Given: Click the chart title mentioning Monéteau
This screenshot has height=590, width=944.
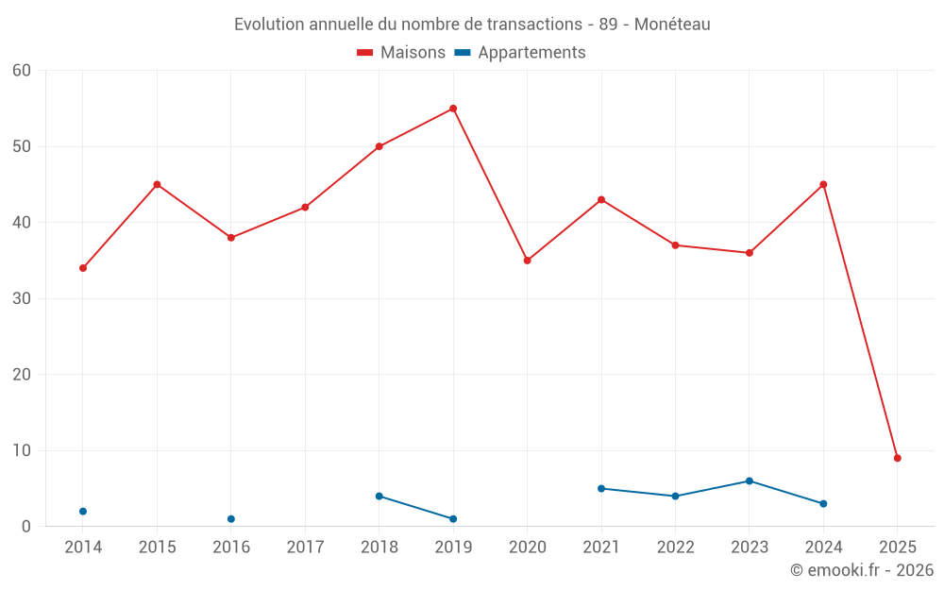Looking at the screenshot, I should coord(472,25).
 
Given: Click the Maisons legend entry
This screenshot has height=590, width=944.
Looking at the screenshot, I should coord(401,53).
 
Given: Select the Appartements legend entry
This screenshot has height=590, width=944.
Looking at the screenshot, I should coord(520,53).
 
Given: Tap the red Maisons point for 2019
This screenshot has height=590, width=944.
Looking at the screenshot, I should coord(453,109).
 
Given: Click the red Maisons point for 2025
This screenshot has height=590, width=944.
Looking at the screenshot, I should coord(898,458).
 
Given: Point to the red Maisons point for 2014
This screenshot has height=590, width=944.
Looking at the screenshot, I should coord(83,268).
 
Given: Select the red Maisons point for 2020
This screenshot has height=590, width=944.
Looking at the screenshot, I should coord(528,261).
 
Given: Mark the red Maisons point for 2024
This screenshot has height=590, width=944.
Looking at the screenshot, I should coord(823,184).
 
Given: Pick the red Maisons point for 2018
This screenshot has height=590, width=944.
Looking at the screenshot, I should coord(379,146).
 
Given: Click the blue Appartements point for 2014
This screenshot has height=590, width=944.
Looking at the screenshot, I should coord(83,512).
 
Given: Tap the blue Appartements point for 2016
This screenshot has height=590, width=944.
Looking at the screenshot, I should coord(231,519).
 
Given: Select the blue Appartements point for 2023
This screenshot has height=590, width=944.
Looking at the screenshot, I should coord(750,480).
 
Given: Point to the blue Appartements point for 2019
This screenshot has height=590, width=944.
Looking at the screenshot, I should coord(453,519).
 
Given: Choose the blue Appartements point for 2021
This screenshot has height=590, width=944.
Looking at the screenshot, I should coord(601,488).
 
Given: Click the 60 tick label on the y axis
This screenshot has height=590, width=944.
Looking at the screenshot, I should coord(22,71).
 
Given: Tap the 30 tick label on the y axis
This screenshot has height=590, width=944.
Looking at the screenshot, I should coord(22,298).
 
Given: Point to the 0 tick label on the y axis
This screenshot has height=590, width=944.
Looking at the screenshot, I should coord(26,527).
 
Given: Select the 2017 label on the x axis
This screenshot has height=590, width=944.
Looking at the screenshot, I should coord(305,548).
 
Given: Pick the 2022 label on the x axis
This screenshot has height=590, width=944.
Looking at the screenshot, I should coord(675,548).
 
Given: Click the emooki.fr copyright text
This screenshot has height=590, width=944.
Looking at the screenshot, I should coord(861,570).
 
